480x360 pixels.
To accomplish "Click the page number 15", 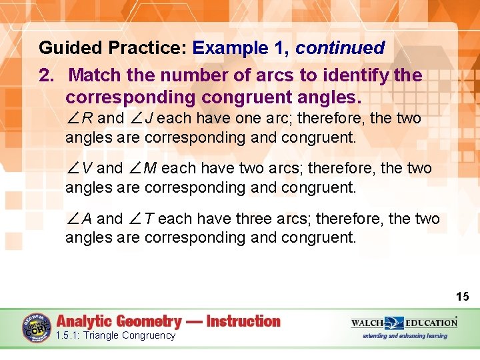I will click(463, 296).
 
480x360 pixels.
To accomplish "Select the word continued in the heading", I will click(340, 48).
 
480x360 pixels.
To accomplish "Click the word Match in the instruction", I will click(94, 75).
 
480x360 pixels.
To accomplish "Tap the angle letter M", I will click(149, 169).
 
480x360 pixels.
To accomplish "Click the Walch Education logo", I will click(404, 323).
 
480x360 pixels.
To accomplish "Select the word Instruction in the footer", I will click(243, 321).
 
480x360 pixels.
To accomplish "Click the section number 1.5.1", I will click(69, 335).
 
